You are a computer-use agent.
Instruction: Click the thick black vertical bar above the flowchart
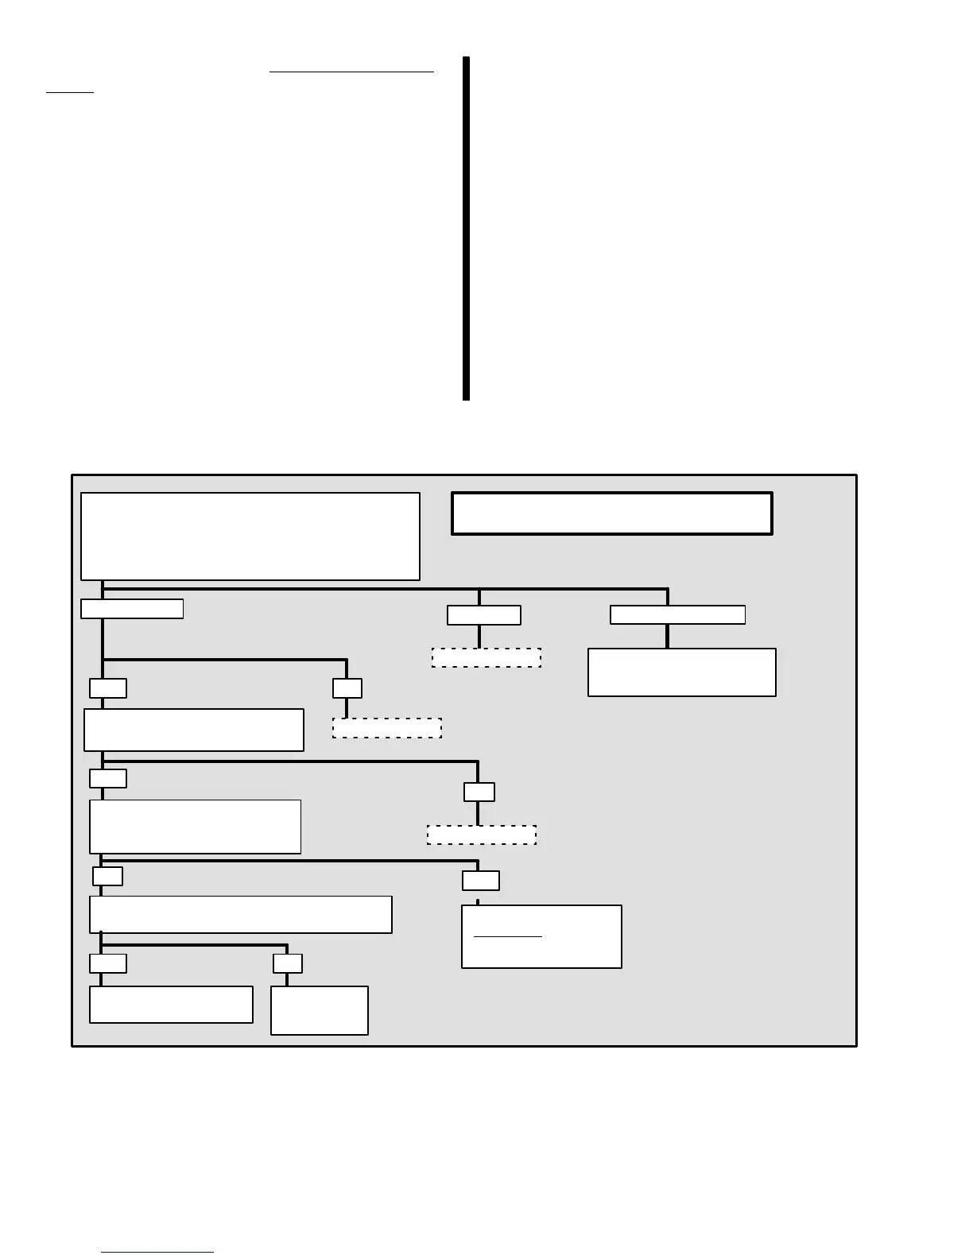(x=467, y=229)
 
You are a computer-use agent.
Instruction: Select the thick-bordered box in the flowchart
(x=611, y=513)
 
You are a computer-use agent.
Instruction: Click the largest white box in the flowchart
(x=250, y=537)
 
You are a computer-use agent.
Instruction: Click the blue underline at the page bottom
(x=157, y=1253)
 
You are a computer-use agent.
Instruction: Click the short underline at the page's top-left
(x=70, y=92)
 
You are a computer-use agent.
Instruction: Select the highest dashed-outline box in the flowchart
(x=486, y=658)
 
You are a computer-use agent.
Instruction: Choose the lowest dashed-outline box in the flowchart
(x=482, y=835)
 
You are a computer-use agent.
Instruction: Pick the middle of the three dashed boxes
(x=387, y=728)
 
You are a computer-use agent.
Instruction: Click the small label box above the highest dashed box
(x=484, y=615)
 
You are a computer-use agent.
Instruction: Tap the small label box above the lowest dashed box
(x=479, y=792)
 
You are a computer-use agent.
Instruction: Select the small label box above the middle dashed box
(x=347, y=688)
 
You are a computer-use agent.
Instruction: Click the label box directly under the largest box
(x=132, y=609)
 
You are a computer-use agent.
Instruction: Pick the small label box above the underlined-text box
(x=481, y=881)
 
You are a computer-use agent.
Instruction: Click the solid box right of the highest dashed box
(x=682, y=672)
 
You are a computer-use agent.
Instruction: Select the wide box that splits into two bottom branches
(x=241, y=915)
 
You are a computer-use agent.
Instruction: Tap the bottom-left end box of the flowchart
(x=171, y=1005)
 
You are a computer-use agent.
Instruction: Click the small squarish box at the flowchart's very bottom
(x=320, y=1011)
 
